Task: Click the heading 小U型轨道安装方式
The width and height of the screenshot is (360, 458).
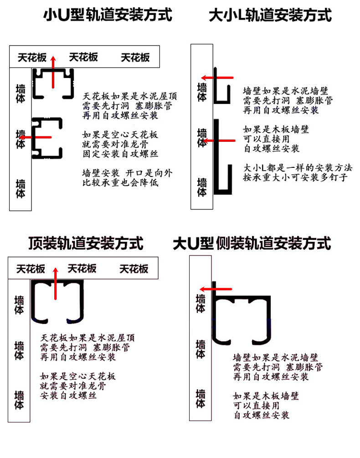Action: tap(108, 16)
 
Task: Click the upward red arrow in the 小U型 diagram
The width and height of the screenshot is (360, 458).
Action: tap(53, 71)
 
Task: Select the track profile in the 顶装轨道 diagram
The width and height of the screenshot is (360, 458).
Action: tap(57, 299)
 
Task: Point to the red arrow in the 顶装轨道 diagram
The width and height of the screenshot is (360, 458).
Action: tap(56, 282)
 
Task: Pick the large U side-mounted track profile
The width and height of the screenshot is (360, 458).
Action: tap(242, 319)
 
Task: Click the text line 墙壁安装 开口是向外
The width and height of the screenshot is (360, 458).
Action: tap(128, 173)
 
